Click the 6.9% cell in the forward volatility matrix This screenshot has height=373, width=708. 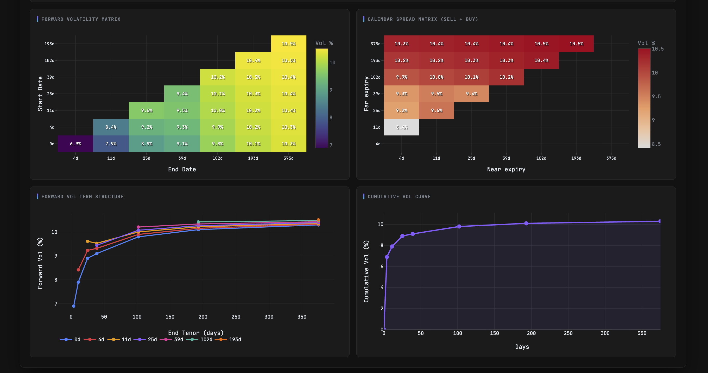point(75,144)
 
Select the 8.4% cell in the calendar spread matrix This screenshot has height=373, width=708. point(401,127)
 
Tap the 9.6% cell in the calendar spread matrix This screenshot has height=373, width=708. point(436,110)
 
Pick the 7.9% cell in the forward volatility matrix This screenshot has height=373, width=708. point(111,144)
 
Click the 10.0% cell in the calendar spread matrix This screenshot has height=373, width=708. point(436,77)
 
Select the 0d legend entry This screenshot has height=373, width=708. point(71,339)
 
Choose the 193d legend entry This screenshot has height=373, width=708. point(228,339)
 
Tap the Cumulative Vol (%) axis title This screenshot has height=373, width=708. point(366,271)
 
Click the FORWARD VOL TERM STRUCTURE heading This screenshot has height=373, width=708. point(83,196)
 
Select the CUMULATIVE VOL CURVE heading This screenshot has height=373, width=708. point(399,196)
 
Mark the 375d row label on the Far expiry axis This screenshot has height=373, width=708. point(375,44)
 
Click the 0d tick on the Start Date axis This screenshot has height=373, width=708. point(52,144)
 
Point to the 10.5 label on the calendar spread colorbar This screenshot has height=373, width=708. point(658,49)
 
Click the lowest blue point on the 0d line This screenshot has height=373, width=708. point(74,306)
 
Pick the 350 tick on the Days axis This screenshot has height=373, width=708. point(642,333)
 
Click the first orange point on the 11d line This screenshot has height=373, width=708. point(87,241)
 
